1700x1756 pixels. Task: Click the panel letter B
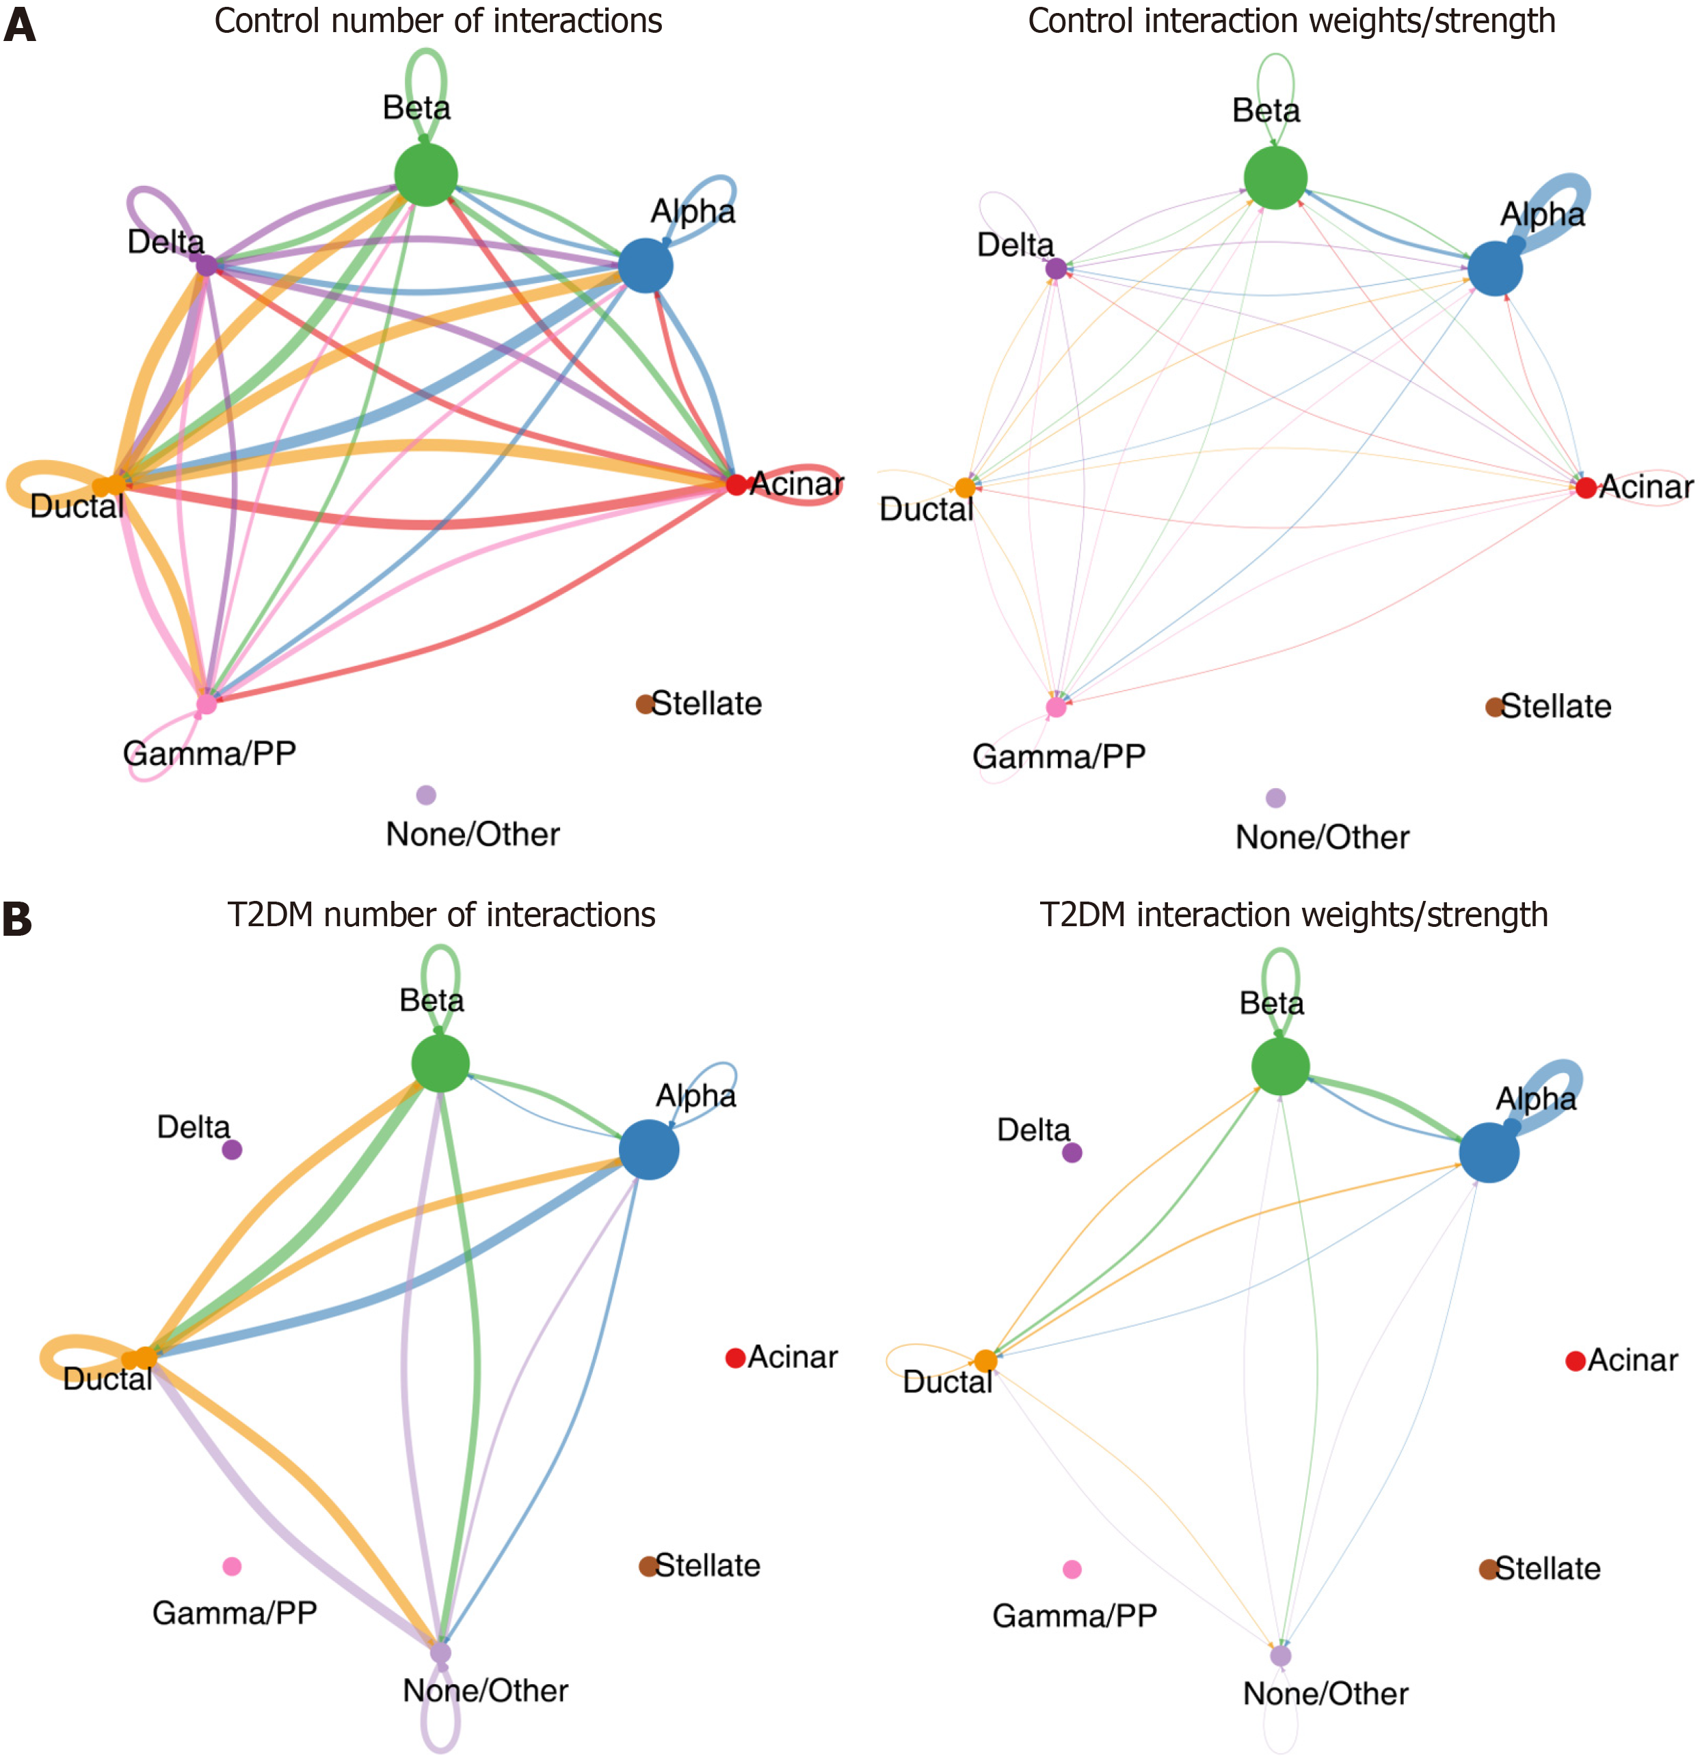tap(18, 919)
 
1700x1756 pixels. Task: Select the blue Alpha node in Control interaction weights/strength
tap(1495, 268)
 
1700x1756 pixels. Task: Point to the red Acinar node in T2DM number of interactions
tap(736, 1358)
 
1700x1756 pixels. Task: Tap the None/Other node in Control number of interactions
tap(427, 795)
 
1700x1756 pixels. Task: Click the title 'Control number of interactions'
tap(438, 21)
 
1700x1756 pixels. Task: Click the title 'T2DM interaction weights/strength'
tap(1293, 915)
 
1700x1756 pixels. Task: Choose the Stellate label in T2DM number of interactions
tap(708, 1565)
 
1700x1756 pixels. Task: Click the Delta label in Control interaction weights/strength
tap(1015, 245)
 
